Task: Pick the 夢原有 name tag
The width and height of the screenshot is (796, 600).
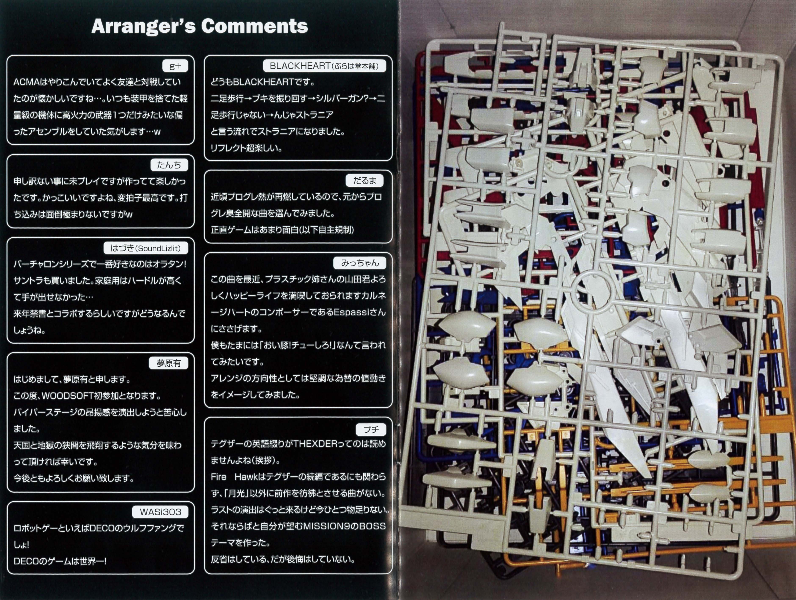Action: click(169, 363)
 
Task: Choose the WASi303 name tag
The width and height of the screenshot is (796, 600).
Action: click(160, 512)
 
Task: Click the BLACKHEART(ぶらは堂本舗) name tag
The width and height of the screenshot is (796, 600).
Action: click(324, 66)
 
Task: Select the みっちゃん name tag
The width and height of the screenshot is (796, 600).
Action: click(360, 263)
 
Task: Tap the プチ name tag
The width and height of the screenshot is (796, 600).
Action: click(371, 429)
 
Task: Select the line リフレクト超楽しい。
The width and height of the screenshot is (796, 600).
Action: click(246, 148)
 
